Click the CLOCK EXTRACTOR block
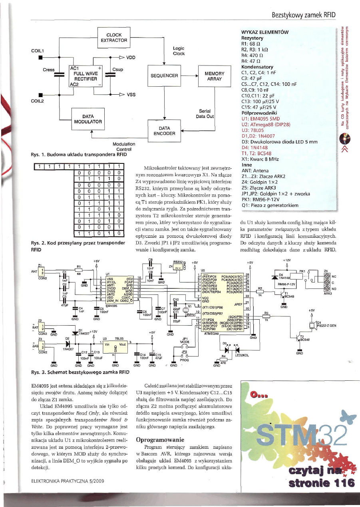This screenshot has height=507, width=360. coord(114,38)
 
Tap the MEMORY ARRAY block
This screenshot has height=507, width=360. coord(215,76)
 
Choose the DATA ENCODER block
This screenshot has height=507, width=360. coord(164,130)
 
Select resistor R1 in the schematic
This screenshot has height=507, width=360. coord(79,269)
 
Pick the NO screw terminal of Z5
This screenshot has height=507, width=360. coord(327,288)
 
